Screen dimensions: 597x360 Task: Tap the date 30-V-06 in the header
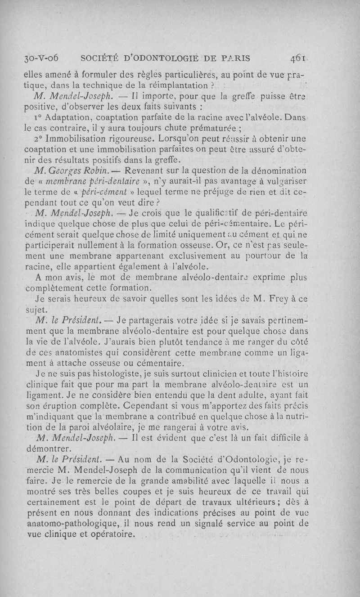coord(39,58)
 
